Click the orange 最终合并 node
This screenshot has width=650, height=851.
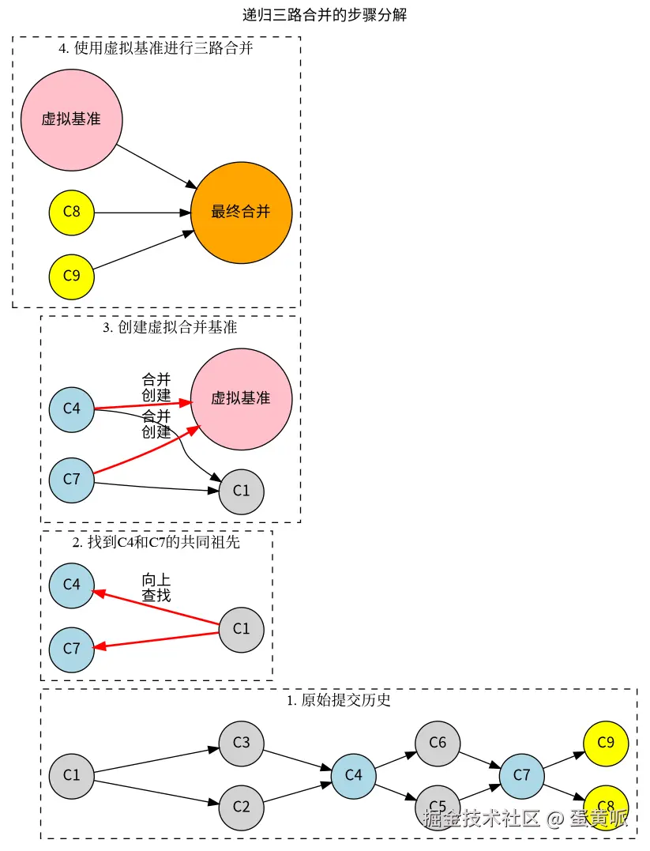tap(241, 213)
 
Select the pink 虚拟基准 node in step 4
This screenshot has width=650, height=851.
tap(71, 119)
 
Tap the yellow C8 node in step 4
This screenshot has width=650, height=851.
tap(71, 213)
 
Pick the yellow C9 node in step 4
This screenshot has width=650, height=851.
tap(71, 276)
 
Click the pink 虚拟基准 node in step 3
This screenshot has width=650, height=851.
tap(241, 399)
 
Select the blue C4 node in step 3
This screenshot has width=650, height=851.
tap(71, 409)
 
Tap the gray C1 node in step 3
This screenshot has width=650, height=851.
tap(241, 491)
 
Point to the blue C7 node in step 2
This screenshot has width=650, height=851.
tap(71, 649)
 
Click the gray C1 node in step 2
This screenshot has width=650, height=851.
tap(241, 629)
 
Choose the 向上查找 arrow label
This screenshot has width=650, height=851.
tap(156, 588)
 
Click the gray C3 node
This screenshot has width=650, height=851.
tap(241, 743)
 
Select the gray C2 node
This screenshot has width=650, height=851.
tap(241, 807)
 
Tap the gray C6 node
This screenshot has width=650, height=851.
tap(438, 743)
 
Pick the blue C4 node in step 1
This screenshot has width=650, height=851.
tap(353, 775)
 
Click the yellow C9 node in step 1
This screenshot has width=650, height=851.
tap(606, 743)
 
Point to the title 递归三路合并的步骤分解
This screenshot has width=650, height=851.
tap(325, 14)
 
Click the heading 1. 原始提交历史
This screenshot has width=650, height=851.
tap(339, 700)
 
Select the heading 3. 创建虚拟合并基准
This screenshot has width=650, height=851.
tap(170, 327)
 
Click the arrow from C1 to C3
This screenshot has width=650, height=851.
tap(156, 759)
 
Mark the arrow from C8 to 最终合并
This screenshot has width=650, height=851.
tap(142, 213)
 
